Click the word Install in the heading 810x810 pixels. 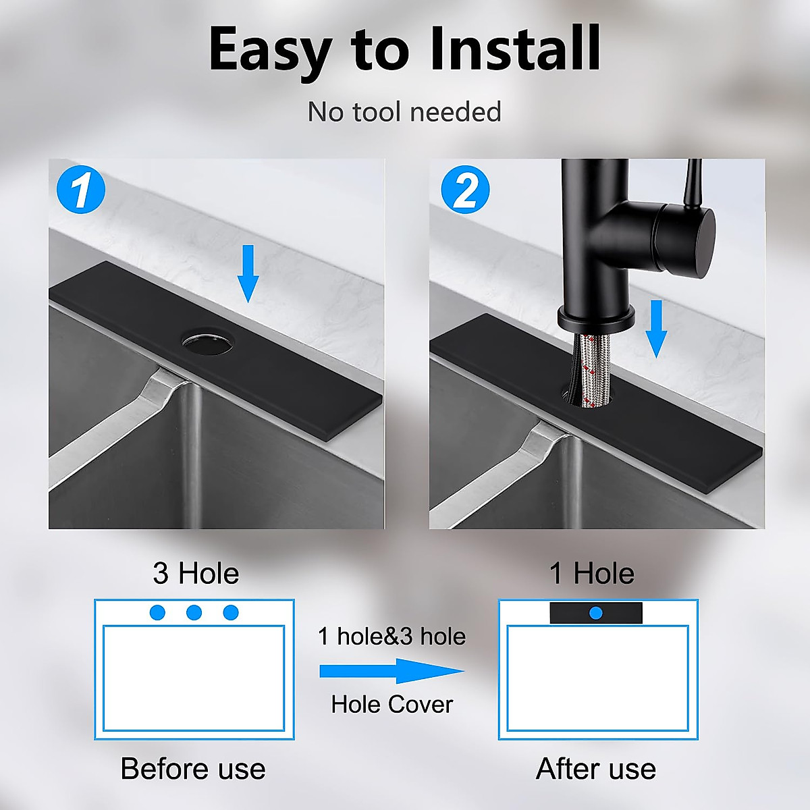pyautogui.click(x=514, y=49)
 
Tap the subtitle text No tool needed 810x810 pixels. pyautogui.click(x=404, y=112)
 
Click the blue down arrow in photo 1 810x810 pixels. pyautogui.click(x=248, y=273)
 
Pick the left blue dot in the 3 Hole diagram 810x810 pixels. pyautogui.click(x=157, y=613)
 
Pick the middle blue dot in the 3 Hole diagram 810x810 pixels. pyautogui.click(x=194, y=613)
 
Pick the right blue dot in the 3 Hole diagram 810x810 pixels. pyautogui.click(x=231, y=613)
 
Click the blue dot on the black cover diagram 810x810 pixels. pyautogui.click(x=595, y=613)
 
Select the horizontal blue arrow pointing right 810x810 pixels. pyautogui.click(x=391, y=671)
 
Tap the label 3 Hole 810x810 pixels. pyautogui.click(x=196, y=574)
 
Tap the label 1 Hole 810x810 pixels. pyautogui.click(x=591, y=574)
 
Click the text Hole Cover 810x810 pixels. pyautogui.click(x=391, y=705)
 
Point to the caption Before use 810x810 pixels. pyautogui.click(x=193, y=769)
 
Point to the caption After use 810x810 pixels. pyautogui.click(x=595, y=769)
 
